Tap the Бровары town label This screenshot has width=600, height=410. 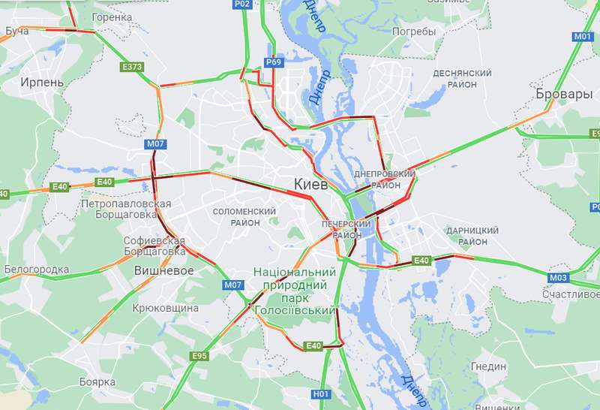tap(564, 95)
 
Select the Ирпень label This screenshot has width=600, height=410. tap(42, 82)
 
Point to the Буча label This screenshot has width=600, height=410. tap(16, 31)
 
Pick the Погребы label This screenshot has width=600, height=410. tap(413, 32)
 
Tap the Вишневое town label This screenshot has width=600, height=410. tap(163, 270)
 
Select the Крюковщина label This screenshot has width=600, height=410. tap(165, 308)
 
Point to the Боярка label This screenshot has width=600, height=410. tap(97, 382)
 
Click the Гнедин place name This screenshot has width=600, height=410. tap(489, 366)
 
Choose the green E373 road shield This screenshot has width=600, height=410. tap(132, 67)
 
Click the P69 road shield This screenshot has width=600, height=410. tap(273, 62)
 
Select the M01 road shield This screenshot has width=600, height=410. tap(583, 36)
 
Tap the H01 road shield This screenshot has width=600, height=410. tap(321, 393)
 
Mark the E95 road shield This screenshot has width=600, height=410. tap(199, 355)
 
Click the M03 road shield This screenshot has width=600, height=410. tap(558, 278)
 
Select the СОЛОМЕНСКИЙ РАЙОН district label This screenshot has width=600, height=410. tap(246, 217)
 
